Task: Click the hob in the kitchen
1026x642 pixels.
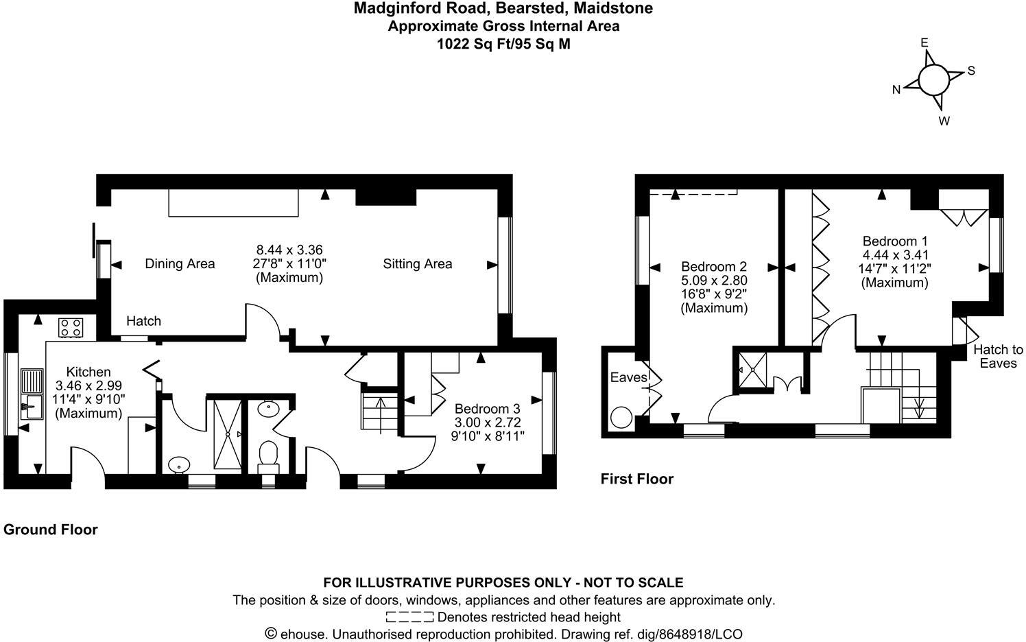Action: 71,326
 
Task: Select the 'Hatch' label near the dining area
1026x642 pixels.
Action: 144,321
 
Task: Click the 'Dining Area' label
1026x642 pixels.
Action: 180,264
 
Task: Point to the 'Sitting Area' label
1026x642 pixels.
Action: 417,264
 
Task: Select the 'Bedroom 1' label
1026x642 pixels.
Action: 895,241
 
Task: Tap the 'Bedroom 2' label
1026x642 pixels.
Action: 714,266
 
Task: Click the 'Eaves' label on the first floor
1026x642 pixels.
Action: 628,378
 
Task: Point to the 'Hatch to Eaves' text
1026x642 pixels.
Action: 998,357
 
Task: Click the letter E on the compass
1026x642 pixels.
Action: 924,43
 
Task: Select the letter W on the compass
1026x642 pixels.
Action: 944,121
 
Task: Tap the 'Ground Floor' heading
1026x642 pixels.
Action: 51,530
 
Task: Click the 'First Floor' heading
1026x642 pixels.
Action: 637,479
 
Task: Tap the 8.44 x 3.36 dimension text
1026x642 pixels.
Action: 289,250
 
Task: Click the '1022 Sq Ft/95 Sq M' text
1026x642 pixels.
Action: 503,45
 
